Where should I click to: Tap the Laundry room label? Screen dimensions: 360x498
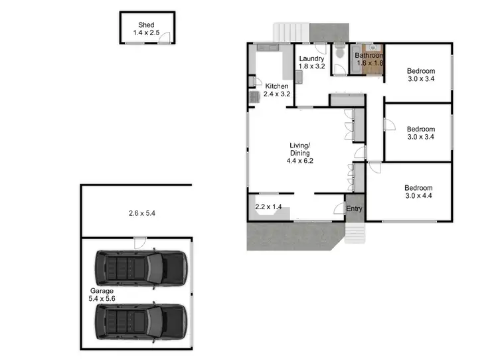[x=311, y=58]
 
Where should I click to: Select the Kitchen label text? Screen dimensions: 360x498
[x=277, y=87]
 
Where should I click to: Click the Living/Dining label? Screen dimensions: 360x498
[x=300, y=149]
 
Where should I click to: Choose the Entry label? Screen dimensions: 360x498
[x=355, y=209]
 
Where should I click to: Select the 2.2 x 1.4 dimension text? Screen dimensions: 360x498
[x=269, y=207]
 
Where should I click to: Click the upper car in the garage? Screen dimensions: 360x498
[x=141, y=266]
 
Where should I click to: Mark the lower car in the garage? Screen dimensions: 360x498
[x=141, y=321]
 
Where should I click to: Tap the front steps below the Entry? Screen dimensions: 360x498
[x=354, y=231]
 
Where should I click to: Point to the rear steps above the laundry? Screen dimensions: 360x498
[x=291, y=31]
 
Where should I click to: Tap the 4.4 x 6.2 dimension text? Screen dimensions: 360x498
[x=300, y=160]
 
